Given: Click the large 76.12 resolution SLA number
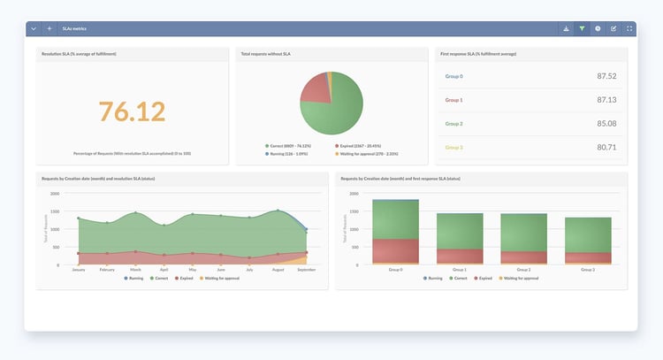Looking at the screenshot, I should click(132, 111).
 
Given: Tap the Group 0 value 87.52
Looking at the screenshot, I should click(606, 76).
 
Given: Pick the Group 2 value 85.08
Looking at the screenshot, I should click(606, 124).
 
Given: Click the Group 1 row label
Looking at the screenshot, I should click(453, 100).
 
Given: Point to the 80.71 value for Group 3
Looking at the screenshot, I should click(606, 147).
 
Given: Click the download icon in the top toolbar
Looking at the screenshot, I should click(566, 28).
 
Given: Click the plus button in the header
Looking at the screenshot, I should click(50, 28).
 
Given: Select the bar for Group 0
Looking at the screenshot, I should click(395, 232).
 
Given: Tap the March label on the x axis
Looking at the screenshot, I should click(135, 270).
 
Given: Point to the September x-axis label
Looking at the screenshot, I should click(306, 270).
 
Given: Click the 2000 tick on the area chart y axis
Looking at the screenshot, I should click(55, 193).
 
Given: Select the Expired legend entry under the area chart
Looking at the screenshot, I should click(183, 278).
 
